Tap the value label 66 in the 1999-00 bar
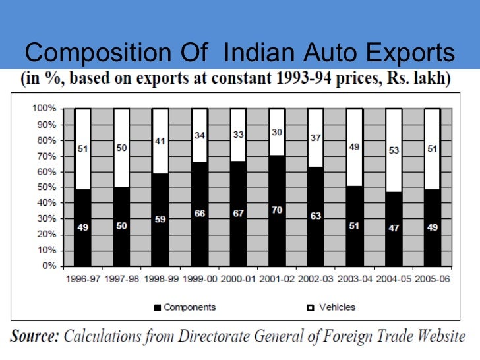(200, 214)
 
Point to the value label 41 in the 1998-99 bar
(160, 140)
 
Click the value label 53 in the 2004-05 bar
(394, 151)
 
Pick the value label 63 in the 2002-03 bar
(316, 216)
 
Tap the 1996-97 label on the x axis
(82, 280)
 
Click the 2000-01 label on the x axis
(238, 280)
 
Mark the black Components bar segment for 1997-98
(121, 227)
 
